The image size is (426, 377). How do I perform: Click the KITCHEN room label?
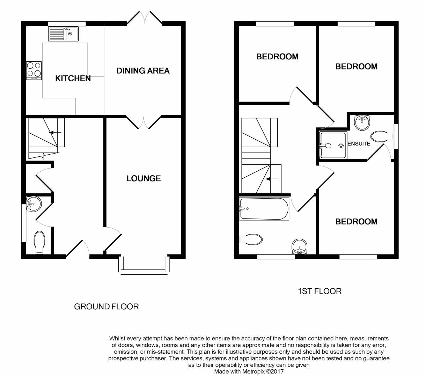coord(73,78)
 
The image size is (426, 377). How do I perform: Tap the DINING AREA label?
coord(143,71)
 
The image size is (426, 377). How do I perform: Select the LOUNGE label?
coord(144,178)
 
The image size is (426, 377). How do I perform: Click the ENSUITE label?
coord(359,143)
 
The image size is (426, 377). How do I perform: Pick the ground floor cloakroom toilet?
coord(39,242)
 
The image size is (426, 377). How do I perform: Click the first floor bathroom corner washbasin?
coord(300,246)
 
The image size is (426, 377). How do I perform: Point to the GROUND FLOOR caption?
coord(106,306)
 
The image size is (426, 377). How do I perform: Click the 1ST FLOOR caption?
coord(319,291)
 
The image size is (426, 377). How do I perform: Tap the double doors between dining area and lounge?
coord(144,122)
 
